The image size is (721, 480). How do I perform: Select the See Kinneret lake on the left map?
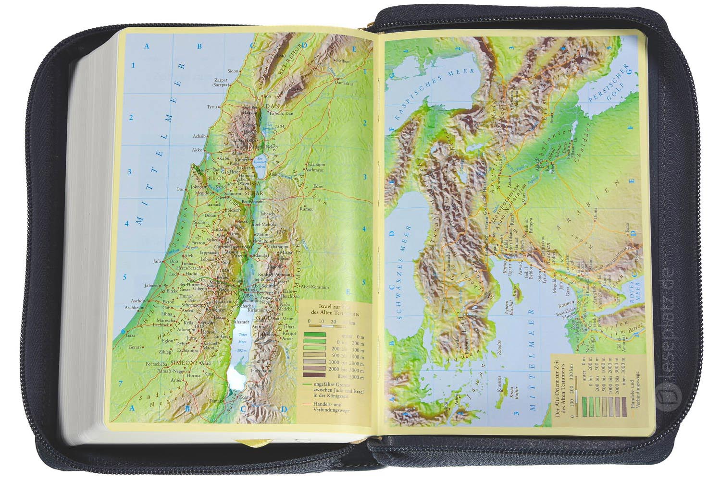pos(260,163)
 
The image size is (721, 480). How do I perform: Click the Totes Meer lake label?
pos(242,338)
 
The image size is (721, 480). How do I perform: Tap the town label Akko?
pos(197,150)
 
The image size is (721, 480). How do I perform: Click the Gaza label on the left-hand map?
pos(131,336)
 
